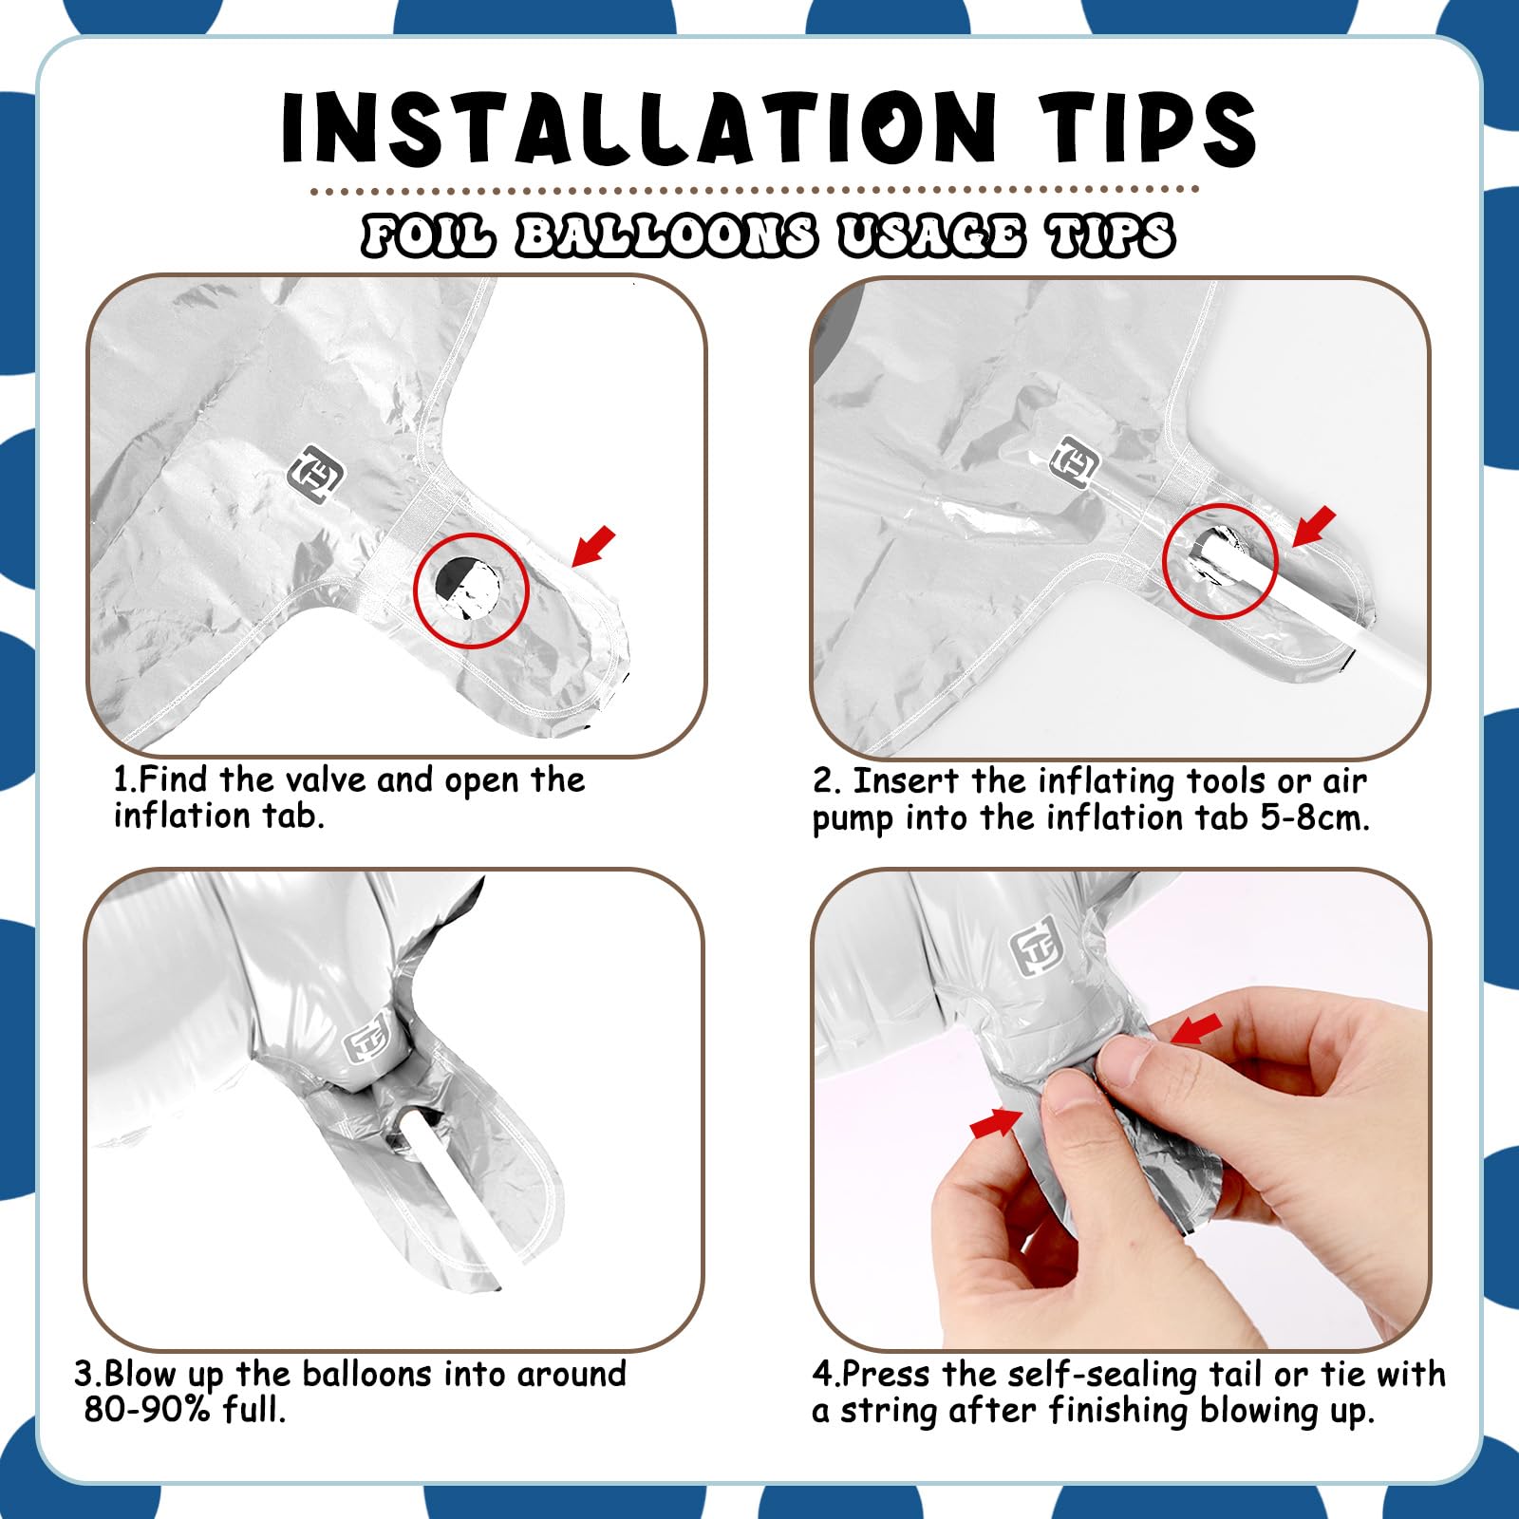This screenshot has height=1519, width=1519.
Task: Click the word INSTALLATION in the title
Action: (639, 127)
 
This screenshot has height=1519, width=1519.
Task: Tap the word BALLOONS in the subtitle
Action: (666, 235)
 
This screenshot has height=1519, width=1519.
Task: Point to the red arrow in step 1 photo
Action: (593, 548)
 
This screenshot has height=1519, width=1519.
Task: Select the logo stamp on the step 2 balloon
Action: (1077, 463)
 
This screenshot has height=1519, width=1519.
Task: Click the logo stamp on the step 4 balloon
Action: (1036, 952)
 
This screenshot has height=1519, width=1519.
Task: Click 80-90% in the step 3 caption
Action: (146, 1410)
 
